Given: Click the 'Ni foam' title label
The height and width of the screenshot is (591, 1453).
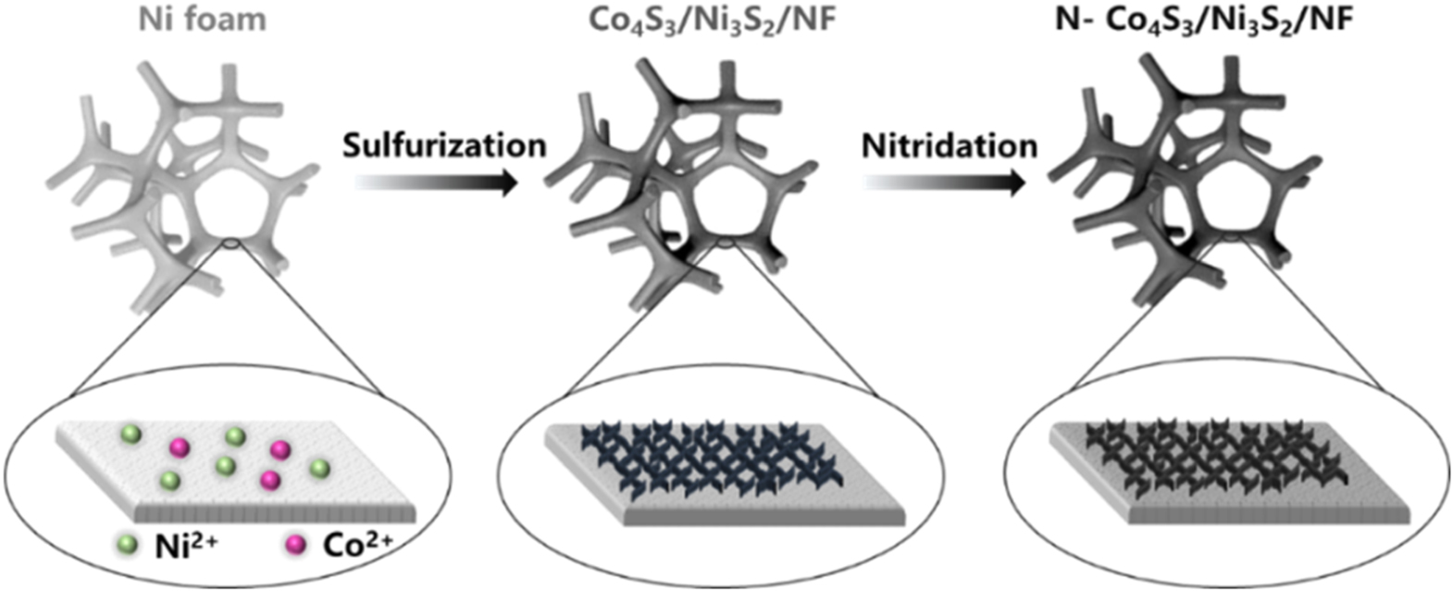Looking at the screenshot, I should pyautogui.click(x=203, y=20).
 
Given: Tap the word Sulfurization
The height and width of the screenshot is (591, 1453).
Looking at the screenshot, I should pyautogui.click(x=443, y=145).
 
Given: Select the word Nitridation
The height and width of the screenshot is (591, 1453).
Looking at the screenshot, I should pyautogui.click(x=950, y=145).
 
